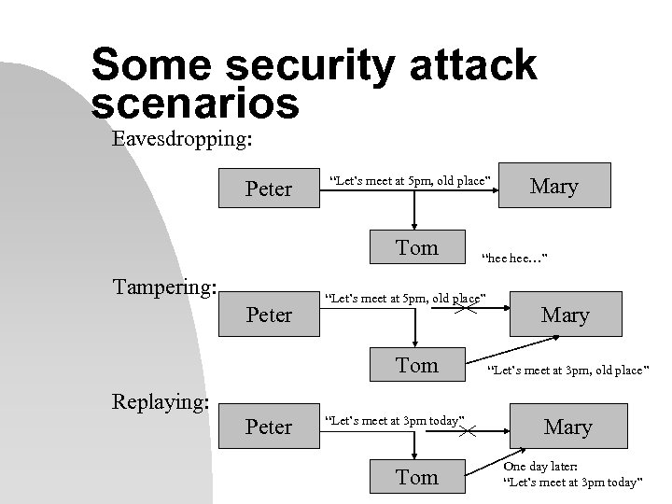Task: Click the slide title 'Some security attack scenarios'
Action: [x=314, y=84]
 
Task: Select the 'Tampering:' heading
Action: [x=163, y=285]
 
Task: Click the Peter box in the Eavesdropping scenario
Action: [x=268, y=189]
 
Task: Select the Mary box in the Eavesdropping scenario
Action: [x=553, y=186]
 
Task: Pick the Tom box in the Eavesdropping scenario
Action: [x=416, y=247]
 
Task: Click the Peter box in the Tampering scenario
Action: [x=268, y=315]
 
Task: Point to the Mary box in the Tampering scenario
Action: [x=566, y=315]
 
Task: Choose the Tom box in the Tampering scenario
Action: [x=416, y=365]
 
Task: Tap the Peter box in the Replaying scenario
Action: [x=268, y=427]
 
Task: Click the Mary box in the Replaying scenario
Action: [x=567, y=427]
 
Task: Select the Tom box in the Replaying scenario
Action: [x=416, y=477]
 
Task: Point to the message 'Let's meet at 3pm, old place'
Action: [x=566, y=370]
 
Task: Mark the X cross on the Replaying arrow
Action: [x=467, y=430]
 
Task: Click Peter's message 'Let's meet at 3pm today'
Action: [x=393, y=420]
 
